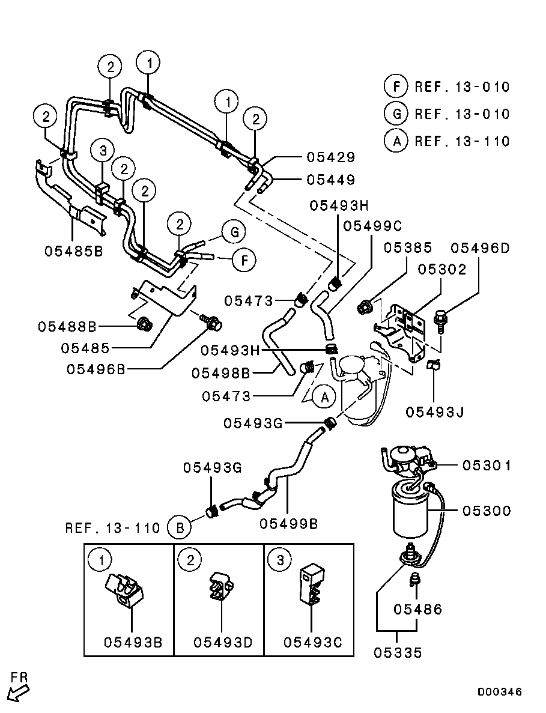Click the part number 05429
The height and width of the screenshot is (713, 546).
330,157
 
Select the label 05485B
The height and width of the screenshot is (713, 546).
74,251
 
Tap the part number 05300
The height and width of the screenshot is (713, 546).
487,511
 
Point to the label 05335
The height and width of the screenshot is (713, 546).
398,652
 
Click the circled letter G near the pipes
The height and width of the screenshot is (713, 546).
234,232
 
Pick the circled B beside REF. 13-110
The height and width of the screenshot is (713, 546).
180,528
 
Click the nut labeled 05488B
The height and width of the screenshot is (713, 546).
145,324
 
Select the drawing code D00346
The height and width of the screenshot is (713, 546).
499,692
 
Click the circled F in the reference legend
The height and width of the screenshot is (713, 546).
395,86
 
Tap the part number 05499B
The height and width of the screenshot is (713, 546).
289,524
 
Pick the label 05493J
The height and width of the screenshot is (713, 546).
435,412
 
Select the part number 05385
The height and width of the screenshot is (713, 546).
408,248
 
